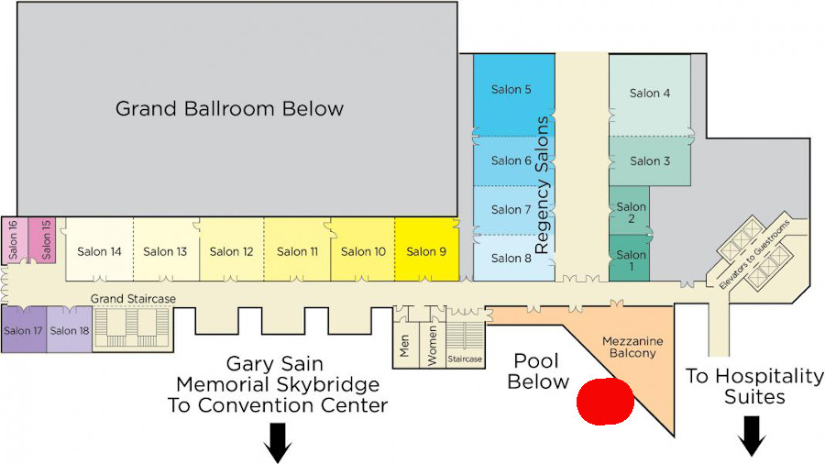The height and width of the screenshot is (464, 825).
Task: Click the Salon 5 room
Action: [x=512, y=92]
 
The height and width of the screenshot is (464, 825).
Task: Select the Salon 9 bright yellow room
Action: [x=426, y=249]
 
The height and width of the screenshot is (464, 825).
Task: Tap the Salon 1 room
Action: [x=630, y=259]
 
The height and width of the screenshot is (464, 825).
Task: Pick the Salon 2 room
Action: [x=631, y=212]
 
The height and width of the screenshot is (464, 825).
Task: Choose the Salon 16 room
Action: [x=13, y=240]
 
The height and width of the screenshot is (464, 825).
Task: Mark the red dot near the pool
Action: [x=605, y=401]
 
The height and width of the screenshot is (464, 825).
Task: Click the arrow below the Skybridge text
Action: [x=278, y=442]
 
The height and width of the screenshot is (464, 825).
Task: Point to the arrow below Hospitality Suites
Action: [x=752, y=435]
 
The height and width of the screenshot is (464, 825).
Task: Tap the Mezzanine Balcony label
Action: [x=632, y=347]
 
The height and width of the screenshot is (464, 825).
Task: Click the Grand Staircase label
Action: [x=133, y=299]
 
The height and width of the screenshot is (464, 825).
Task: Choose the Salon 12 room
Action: [x=231, y=250]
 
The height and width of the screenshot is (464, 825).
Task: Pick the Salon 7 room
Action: [x=511, y=210]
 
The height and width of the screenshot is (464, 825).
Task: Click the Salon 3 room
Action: [x=649, y=160]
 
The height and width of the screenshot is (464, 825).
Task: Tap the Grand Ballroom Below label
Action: [x=229, y=109]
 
